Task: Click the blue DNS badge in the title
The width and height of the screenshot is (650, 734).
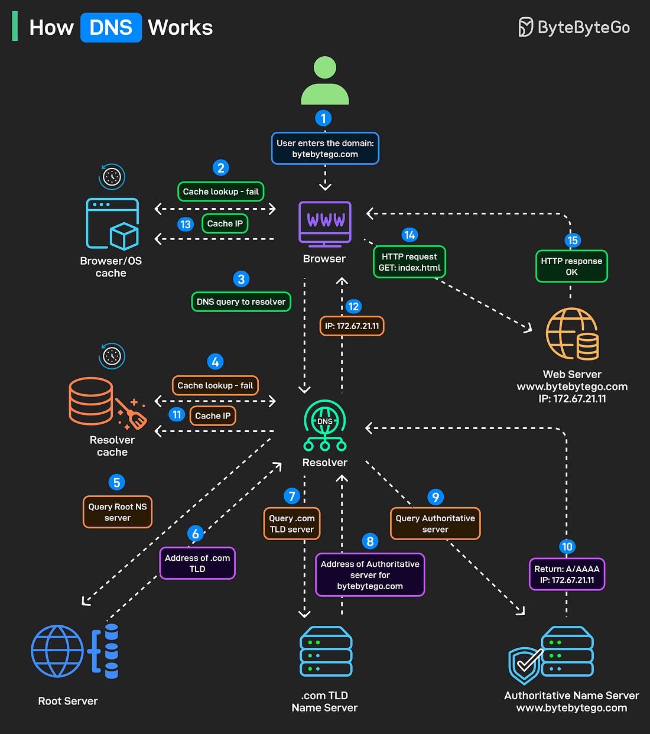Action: click(111, 28)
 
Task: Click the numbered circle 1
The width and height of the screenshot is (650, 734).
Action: click(323, 118)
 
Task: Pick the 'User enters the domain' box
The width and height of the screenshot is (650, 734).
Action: click(325, 148)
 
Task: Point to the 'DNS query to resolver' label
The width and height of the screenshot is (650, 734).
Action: click(241, 301)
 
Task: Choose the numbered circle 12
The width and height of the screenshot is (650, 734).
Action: click(353, 306)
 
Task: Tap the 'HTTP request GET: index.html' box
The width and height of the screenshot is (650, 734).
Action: click(409, 262)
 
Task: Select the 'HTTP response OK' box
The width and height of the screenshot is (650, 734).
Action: click(571, 267)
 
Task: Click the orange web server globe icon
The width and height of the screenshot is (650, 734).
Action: click(571, 334)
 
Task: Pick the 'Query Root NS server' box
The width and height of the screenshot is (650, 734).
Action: click(118, 512)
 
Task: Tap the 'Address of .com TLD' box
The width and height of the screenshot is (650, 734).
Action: click(197, 563)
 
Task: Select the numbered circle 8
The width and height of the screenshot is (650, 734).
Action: click(370, 541)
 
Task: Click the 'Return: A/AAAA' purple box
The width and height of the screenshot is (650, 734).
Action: click(567, 574)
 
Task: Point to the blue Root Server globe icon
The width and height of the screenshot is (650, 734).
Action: click(57, 651)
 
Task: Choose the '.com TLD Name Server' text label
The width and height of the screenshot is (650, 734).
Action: click(324, 701)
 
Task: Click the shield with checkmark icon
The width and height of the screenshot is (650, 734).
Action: click(525, 664)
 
